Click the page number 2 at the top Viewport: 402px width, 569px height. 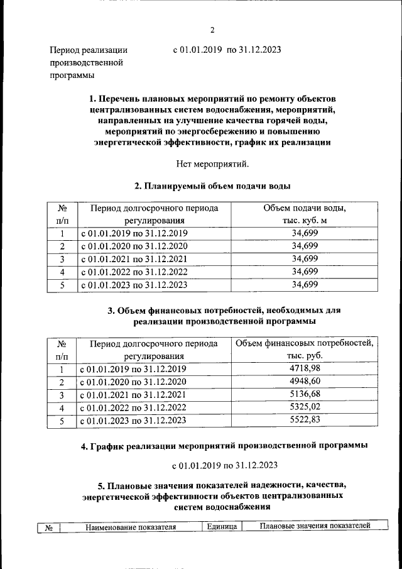click(x=212, y=30)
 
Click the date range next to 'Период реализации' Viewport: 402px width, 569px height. click(x=227, y=50)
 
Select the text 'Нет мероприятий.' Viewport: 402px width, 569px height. click(x=212, y=165)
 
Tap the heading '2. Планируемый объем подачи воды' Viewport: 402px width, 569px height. click(x=212, y=186)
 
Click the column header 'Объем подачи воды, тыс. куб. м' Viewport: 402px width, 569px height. click(x=305, y=214)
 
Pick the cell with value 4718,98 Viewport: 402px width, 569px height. click(x=305, y=368)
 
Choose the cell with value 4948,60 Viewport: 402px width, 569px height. click(x=305, y=382)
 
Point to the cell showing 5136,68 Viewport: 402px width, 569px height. click(x=305, y=395)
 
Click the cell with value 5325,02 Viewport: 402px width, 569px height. click(x=305, y=408)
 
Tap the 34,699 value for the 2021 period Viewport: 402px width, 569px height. click(x=305, y=258)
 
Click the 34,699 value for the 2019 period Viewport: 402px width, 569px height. click(x=305, y=233)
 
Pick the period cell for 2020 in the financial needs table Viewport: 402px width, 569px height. click(x=134, y=382)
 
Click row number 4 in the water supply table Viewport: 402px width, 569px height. click(x=62, y=272)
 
